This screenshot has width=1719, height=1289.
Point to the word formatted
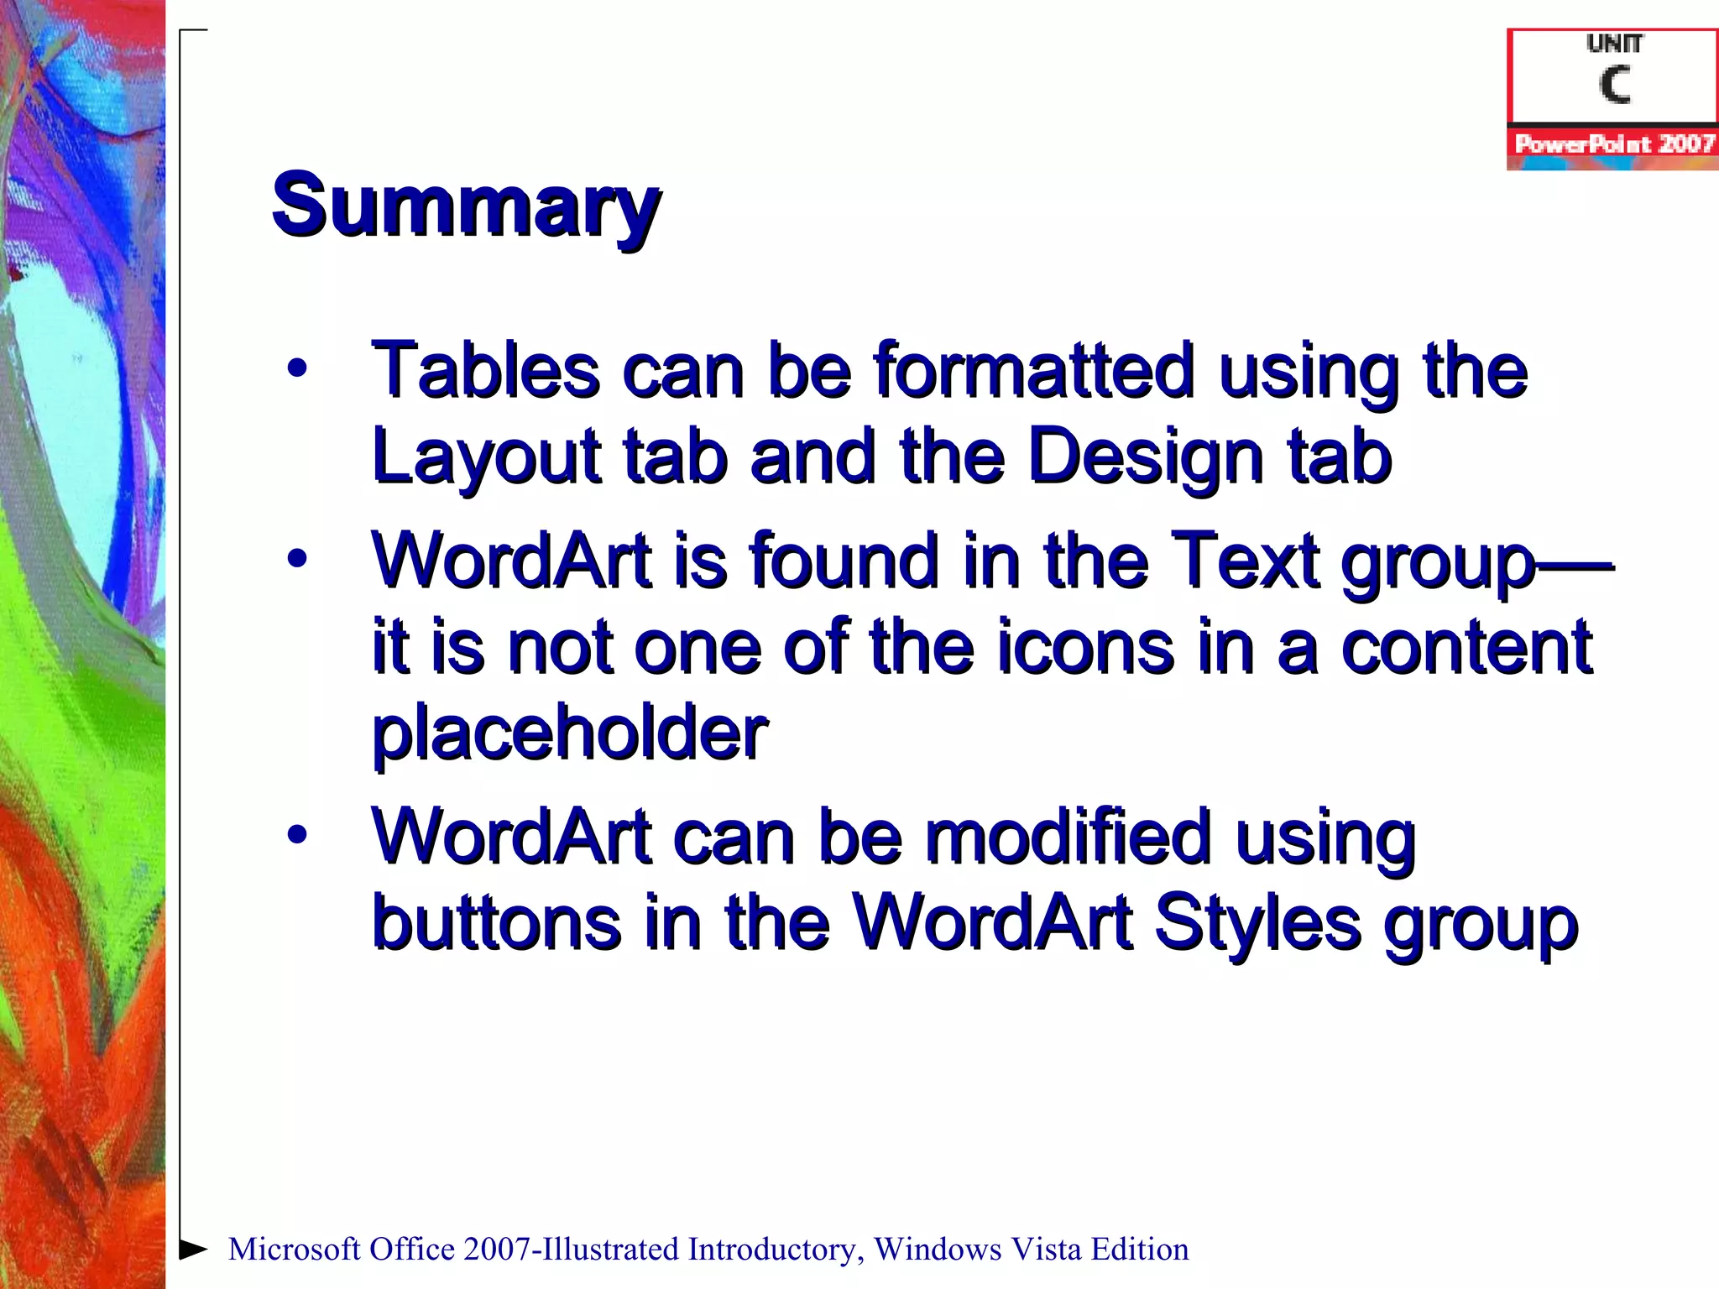pos(1033,370)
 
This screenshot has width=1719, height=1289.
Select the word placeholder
pos(569,732)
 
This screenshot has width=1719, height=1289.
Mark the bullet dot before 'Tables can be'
pos(296,368)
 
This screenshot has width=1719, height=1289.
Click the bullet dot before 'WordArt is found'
pos(296,559)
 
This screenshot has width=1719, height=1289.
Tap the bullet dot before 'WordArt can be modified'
pos(296,834)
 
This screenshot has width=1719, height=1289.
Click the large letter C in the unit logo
pos(1614,85)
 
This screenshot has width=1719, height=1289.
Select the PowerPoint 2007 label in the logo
pos(1613,144)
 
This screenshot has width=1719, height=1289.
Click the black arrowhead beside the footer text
pos(193,1249)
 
